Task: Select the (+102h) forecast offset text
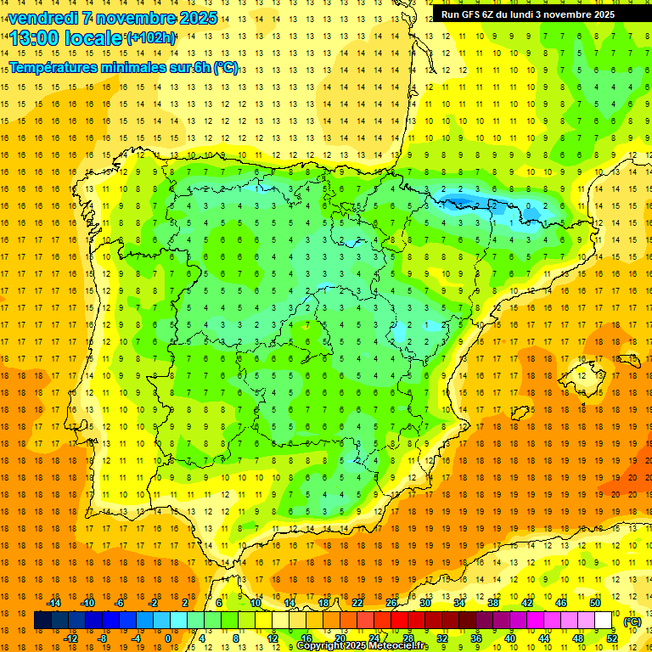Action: pyautogui.click(x=151, y=38)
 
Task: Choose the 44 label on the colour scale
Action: pyautogui.click(x=544, y=638)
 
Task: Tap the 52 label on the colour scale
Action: pyautogui.click(x=612, y=638)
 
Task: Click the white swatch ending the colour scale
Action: pyautogui.click(x=603, y=621)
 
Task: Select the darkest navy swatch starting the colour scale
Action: pyautogui.click(x=43, y=621)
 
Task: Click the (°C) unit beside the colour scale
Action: pyautogui.click(x=632, y=621)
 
